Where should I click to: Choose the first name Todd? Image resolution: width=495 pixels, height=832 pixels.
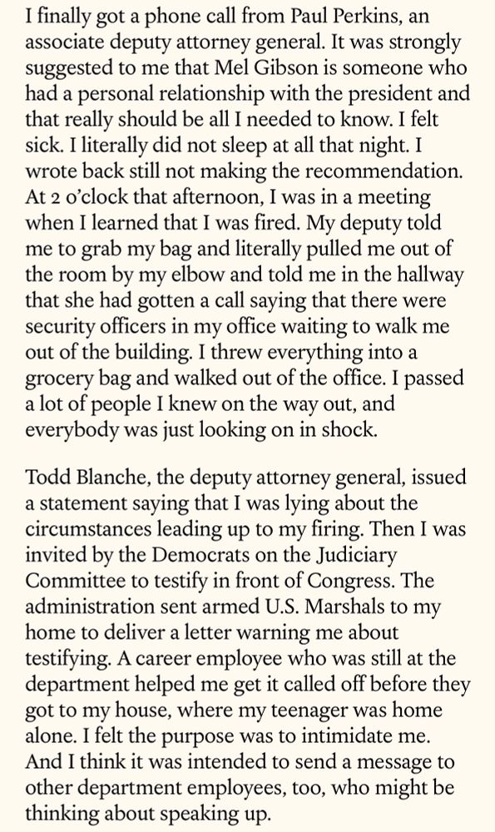[47, 478]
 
